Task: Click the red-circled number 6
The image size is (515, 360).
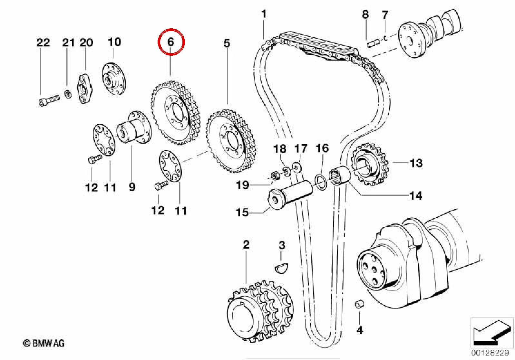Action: click(x=170, y=42)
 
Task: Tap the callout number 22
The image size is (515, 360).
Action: click(x=43, y=43)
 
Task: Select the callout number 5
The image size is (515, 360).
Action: click(x=227, y=43)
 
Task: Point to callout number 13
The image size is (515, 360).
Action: click(x=416, y=163)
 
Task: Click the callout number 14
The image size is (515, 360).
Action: click(x=416, y=196)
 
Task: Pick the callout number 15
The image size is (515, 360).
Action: click(x=242, y=212)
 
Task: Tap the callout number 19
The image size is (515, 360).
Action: click(x=243, y=185)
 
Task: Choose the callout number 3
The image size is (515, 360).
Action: click(x=282, y=245)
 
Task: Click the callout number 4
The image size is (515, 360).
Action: click(x=360, y=330)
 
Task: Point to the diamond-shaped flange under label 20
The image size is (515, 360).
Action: click(x=84, y=89)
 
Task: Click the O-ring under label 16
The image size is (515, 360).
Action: click(x=321, y=183)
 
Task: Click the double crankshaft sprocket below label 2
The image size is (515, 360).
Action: click(x=260, y=312)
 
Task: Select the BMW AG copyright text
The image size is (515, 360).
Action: click(x=44, y=344)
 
